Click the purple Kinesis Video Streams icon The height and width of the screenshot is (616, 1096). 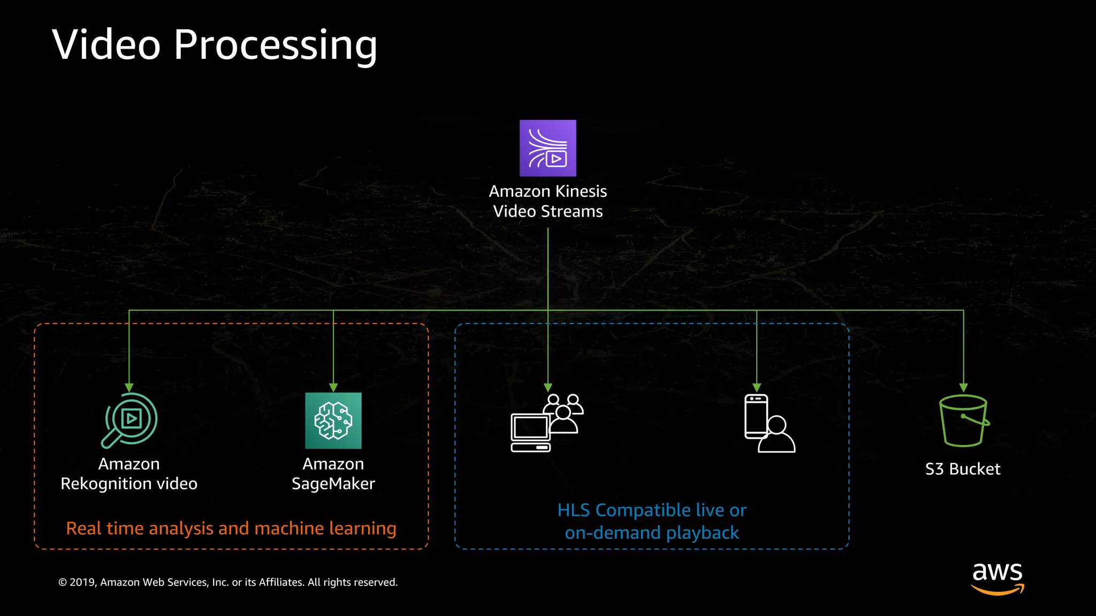click(547, 148)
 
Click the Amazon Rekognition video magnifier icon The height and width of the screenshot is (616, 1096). click(130, 420)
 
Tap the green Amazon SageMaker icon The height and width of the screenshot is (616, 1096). click(333, 420)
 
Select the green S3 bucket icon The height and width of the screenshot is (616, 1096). click(963, 421)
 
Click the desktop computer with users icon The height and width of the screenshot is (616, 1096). click(546, 423)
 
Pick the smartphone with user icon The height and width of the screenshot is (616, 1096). click(769, 423)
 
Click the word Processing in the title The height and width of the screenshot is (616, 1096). click(275, 45)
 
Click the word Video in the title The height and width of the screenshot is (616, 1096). click(106, 45)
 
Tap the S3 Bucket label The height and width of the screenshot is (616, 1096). click(962, 469)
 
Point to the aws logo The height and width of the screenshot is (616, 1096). click(998, 577)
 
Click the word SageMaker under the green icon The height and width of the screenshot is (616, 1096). click(333, 484)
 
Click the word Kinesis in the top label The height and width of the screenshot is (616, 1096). click(581, 191)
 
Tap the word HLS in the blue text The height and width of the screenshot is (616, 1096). click(573, 510)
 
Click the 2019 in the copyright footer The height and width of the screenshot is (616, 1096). click(82, 582)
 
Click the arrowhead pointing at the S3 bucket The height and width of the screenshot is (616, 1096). click(963, 388)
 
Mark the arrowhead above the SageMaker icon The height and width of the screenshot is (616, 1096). click(333, 388)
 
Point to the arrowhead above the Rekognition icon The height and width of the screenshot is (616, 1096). click(129, 388)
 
